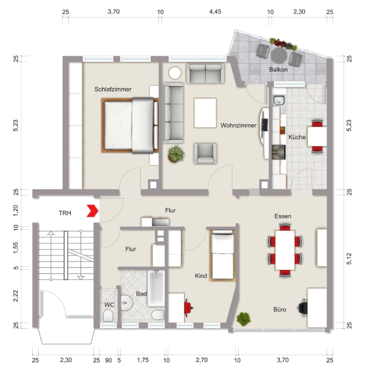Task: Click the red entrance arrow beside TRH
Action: point(93,210)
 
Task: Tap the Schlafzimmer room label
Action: point(113,90)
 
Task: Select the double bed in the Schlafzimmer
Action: point(130,126)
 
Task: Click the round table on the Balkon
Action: point(279,56)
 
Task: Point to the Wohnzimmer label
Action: point(238,126)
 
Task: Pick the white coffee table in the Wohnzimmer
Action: point(205,113)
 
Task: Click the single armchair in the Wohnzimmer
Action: point(205,154)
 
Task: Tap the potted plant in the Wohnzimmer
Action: point(176,154)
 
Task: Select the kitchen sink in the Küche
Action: point(279,101)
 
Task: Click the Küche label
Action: point(297,137)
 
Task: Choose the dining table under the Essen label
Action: point(285,250)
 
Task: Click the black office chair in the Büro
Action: point(303,307)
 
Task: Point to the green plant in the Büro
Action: point(244,319)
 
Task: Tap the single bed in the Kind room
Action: point(222,255)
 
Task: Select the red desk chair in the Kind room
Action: point(188,307)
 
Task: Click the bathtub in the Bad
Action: point(156,288)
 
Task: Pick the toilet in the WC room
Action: point(108,316)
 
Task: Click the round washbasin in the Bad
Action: point(127,303)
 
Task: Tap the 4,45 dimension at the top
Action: point(215,12)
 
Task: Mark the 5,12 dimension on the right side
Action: point(349,258)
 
